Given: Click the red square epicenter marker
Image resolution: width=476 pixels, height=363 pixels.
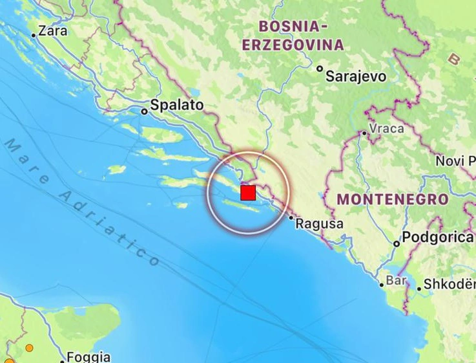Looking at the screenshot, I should (x=248, y=193).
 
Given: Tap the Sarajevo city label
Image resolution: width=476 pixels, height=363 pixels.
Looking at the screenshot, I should (x=356, y=76).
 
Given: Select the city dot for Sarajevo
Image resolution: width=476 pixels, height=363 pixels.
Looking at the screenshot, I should (x=320, y=69).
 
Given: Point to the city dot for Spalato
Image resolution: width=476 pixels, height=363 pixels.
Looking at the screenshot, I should (x=144, y=111).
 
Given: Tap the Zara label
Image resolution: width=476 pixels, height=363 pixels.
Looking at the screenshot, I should (x=53, y=30).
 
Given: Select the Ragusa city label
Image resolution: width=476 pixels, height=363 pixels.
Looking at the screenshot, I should (x=319, y=224).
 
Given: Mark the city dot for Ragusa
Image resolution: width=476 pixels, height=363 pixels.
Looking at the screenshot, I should (x=291, y=218).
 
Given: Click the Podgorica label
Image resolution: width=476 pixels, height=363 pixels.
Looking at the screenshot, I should (x=437, y=237).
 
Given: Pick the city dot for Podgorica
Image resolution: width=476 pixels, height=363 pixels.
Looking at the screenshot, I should (x=397, y=244).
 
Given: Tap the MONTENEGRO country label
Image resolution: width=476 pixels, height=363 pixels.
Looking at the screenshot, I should (x=393, y=199).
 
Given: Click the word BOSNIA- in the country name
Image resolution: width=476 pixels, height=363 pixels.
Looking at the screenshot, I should (x=289, y=27).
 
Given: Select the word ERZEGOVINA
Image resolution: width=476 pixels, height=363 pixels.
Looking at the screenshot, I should (x=293, y=45).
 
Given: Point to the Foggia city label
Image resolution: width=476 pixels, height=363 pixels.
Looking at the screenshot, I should (x=89, y=357).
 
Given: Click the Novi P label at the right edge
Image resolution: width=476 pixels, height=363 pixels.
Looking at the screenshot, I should (x=455, y=160).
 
